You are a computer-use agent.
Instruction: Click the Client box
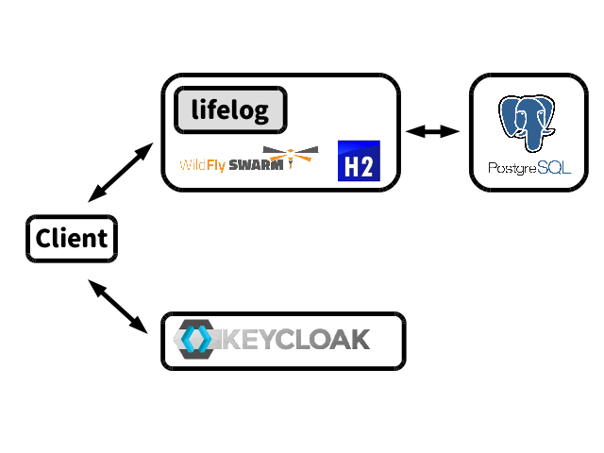72,238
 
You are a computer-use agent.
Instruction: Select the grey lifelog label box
230,110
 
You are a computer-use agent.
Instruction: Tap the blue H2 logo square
359,160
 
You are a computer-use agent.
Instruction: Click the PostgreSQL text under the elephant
528,168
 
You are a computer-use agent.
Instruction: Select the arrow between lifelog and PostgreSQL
432,132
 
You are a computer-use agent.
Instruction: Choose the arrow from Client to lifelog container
120,174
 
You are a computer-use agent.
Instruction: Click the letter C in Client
43,239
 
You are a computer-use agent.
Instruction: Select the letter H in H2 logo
351,168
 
